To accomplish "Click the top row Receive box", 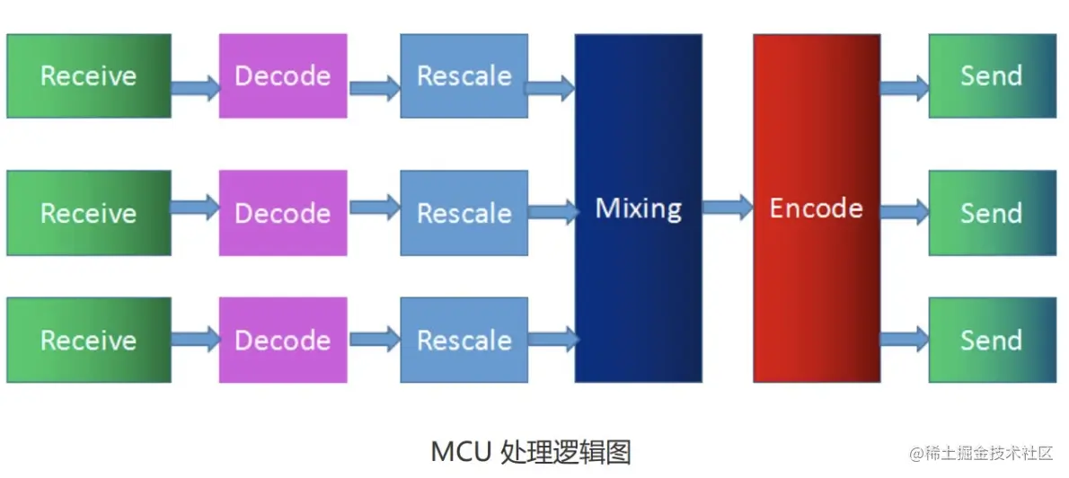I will tap(88, 75).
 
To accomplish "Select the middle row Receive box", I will tap(88, 213).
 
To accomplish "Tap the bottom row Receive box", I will tap(88, 341).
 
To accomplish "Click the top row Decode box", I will tap(282, 75).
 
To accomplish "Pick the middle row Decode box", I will tap(282, 213).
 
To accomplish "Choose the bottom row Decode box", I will tap(282, 341).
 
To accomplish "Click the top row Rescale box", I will tap(464, 75).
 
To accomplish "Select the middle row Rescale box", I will tap(464, 213).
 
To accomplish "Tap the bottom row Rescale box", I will tap(464, 341).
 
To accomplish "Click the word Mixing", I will tap(638, 208).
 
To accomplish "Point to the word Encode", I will tap(816, 208).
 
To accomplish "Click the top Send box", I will tap(992, 75).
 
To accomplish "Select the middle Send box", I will tap(992, 213).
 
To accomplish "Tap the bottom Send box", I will tap(992, 341).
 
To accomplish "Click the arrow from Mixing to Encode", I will tap(727, 208).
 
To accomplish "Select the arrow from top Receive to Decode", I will tap(195, 87).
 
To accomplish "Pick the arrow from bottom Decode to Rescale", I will tap(375, 340).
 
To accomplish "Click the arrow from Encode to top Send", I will tap(904, 87).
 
